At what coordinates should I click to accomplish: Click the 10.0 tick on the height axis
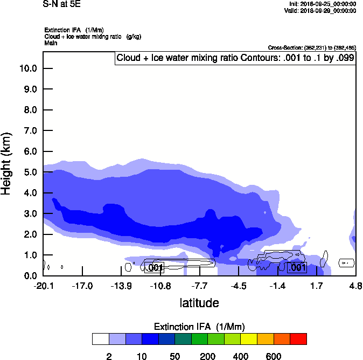coord(28,68)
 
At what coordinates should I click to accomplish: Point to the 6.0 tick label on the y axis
coord(28,151)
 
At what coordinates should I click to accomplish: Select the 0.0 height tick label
coord(28,276)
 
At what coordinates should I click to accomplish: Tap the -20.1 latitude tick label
coord(43,286)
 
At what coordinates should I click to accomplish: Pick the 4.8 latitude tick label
coord(355,286)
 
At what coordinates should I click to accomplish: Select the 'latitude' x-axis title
coord(199,303)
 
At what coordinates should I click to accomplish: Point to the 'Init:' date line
coord(323,4)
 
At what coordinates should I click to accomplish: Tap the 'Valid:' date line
coord(321,10)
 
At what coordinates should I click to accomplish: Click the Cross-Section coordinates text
coord(312,48)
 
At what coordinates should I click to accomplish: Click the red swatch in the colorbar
coord(299,339)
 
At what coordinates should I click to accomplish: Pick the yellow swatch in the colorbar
coord(249,339)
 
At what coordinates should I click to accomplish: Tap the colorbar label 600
coord(274,356)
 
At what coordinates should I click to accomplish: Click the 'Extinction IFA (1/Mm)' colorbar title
coord(199,327)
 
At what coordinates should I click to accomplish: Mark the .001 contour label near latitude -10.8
coord(155,267)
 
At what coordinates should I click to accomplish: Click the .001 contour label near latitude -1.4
coord(297,267)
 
